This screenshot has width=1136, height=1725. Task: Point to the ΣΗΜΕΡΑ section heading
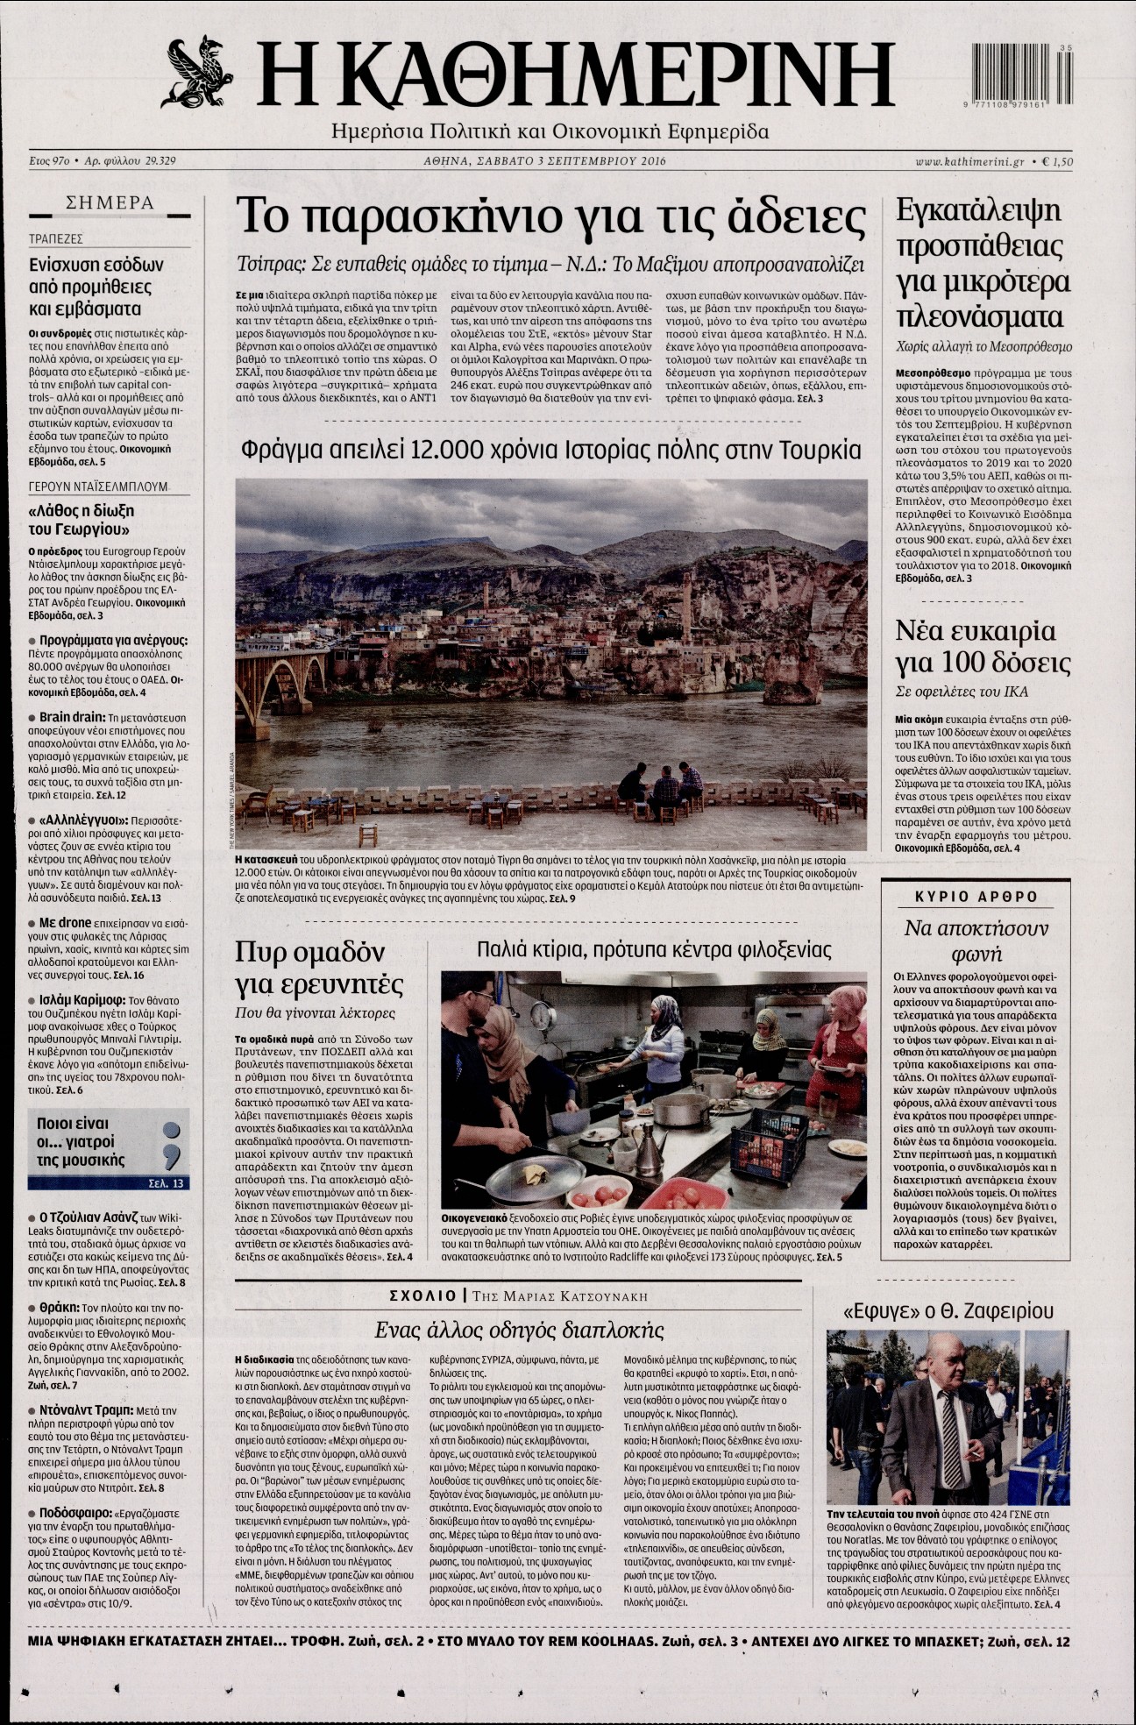click(x=110, y=203)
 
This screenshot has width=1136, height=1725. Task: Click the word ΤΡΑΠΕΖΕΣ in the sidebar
click(x=56, y=238)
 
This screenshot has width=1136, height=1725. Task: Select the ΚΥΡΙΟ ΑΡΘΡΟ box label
click(x=976, y=897)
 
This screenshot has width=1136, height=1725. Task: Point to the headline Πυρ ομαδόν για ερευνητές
click(x=319, y=967)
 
